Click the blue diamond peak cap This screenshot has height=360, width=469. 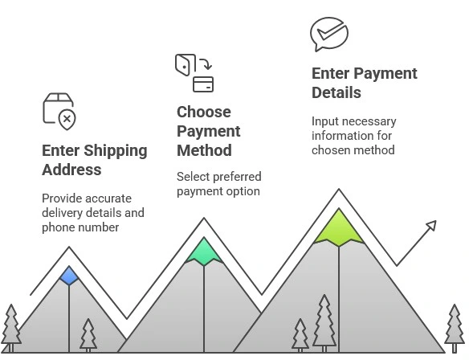coord(69,276)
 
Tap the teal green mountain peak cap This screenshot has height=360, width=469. coord(204,252)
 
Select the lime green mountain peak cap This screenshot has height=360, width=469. coord(339,227)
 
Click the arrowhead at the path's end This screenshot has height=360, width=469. coord(431,226)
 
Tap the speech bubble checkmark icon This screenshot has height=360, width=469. coord(329,34)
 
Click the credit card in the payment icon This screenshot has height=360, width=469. coord(203,84)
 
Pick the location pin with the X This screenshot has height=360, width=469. coord(67,120)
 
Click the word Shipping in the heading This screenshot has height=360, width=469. coord(116,151)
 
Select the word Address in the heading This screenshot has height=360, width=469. coord(71,170)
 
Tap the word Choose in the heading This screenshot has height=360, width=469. coord(204,112)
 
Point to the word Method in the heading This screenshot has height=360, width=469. coord(204,150)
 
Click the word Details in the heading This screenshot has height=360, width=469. coord(336,92)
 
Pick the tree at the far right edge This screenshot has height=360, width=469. coord(455,328)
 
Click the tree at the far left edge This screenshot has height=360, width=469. coord(11,328)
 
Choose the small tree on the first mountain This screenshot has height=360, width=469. coord(88,335)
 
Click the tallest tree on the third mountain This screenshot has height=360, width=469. coord(324,323)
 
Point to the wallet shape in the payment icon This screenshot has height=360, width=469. coord(185,64)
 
